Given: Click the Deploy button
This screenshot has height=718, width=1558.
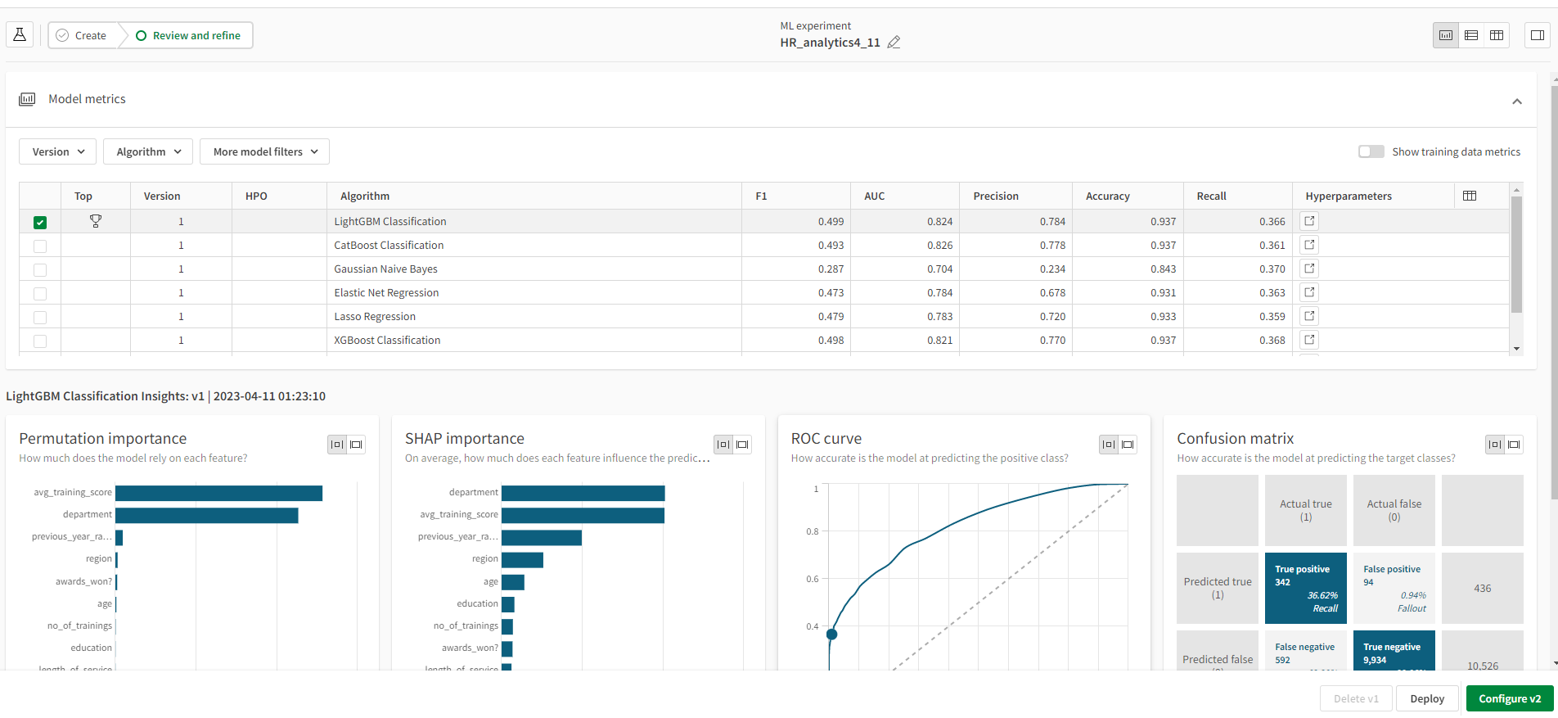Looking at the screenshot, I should point(1427,698).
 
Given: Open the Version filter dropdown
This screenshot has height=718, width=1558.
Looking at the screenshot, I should point(58,151).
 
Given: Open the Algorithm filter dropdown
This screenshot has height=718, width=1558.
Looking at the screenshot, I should point(148,151).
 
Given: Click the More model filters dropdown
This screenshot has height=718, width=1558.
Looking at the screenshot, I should point(264,151).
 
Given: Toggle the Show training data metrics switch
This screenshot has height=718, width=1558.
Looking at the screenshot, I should point(1371,151).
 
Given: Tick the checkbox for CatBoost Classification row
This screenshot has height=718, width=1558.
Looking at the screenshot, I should point(40,246).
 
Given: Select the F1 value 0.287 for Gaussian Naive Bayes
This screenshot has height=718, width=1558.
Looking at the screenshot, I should point(831,269).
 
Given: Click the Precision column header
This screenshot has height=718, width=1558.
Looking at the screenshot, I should point(996,196).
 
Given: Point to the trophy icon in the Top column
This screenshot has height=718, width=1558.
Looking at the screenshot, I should point(96,221).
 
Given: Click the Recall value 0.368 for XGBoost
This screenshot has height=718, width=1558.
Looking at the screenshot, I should point(1272,340).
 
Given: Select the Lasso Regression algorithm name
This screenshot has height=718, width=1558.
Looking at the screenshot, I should point(375,316).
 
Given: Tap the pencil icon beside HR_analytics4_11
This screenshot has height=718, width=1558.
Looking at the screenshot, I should point(894,43).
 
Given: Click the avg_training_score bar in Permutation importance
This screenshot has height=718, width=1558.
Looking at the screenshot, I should point(218,493).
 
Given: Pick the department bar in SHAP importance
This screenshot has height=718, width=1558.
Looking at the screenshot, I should point(583,493).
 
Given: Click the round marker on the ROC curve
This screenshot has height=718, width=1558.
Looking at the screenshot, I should point(831,634).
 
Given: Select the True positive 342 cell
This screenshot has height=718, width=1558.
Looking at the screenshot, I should point(1305,588).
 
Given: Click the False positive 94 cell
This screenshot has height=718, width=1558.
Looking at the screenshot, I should point(1394,588).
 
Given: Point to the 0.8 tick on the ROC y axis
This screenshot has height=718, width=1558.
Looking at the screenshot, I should point(813,531).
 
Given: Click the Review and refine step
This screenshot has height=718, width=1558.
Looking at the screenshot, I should point(188,35).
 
